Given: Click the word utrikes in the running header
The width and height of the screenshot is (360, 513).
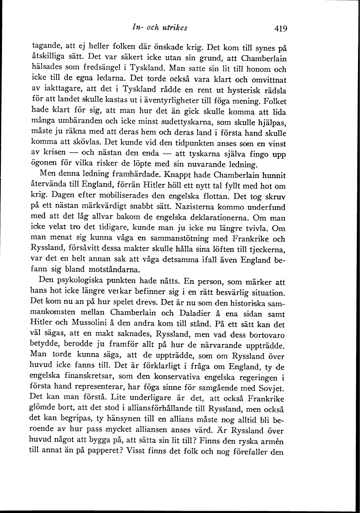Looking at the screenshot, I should click(174, 28).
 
